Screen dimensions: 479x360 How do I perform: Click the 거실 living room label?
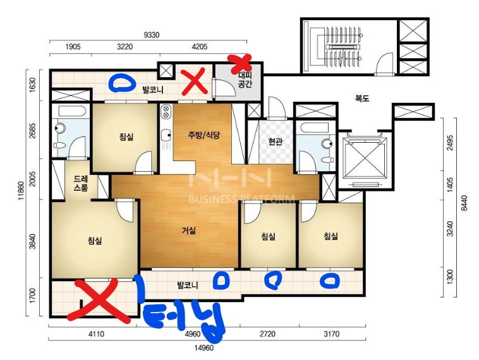(188, 231)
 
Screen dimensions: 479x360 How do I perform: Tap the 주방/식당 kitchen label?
(203, 135)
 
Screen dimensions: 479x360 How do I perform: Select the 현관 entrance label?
(275, 141)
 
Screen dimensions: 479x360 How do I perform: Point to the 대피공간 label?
(245, 79)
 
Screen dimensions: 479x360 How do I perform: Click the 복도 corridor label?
(362, 99)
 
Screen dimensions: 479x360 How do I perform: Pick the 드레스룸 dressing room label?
(81, 183)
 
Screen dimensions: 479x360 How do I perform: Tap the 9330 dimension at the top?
(152, 35)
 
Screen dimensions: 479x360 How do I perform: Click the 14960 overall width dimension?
(203, 347)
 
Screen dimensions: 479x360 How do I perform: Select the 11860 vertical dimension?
(21, 191)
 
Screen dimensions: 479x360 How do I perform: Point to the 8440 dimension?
(464, 203)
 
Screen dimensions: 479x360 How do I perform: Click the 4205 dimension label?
(200, 47)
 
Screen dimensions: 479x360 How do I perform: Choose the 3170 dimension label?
(332, 333)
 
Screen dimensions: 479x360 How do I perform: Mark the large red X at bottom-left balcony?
(99, 300)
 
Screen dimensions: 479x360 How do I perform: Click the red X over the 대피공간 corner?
(240, 63)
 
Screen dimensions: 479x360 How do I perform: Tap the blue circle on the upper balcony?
(122, 83)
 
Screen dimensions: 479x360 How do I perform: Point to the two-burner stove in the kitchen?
(166, 111)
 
